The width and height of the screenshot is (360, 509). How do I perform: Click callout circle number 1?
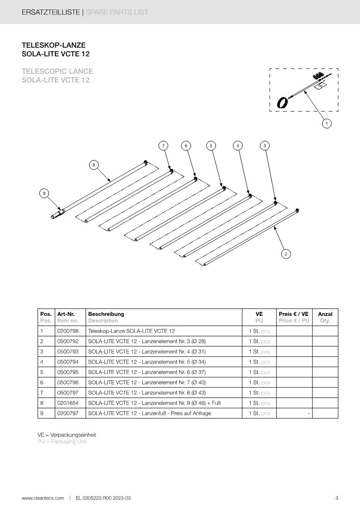tap(326, 123)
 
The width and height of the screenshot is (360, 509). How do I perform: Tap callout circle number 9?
tap(44, 194)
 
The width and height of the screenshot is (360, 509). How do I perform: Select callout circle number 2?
tap(285, 254)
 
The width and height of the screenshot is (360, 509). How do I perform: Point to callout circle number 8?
tap(94, 165)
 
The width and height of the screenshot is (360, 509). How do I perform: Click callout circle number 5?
tap(211, 145)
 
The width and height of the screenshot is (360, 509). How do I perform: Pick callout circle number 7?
tap(164, 145)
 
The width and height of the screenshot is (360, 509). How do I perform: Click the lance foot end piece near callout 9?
tap(57, 214)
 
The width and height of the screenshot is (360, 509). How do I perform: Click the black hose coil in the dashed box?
tap(282, 103)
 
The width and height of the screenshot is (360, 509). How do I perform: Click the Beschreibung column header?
tap(106, 314)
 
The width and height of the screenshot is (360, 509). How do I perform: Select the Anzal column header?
tap(325, 314)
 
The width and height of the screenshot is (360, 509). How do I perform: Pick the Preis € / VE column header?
tap(294, 314)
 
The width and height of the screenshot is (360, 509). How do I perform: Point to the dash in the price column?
tap(308, 413)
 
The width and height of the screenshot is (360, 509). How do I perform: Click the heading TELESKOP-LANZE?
tap(54, 45)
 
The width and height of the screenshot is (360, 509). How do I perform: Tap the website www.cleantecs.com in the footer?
tap(43, 498)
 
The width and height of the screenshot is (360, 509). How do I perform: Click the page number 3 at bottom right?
tap(336, 498)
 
